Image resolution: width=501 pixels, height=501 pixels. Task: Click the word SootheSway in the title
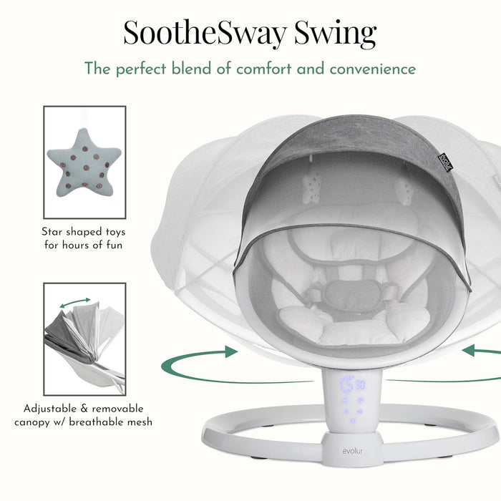205,33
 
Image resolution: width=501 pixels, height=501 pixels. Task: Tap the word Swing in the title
335,34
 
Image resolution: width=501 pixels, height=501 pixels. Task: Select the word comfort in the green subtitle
263,69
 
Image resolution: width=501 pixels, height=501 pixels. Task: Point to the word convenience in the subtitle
373,69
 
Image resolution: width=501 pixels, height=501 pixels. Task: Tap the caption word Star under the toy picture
52,232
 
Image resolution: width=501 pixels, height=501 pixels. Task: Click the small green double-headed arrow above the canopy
75,303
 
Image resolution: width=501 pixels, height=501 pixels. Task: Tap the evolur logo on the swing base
352,451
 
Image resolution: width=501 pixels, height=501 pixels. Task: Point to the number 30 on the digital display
360,385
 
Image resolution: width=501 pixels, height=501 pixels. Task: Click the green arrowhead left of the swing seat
231,351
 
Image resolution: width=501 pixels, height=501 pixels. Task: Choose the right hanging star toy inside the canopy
404,190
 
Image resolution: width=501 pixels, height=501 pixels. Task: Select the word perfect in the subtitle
141,69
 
